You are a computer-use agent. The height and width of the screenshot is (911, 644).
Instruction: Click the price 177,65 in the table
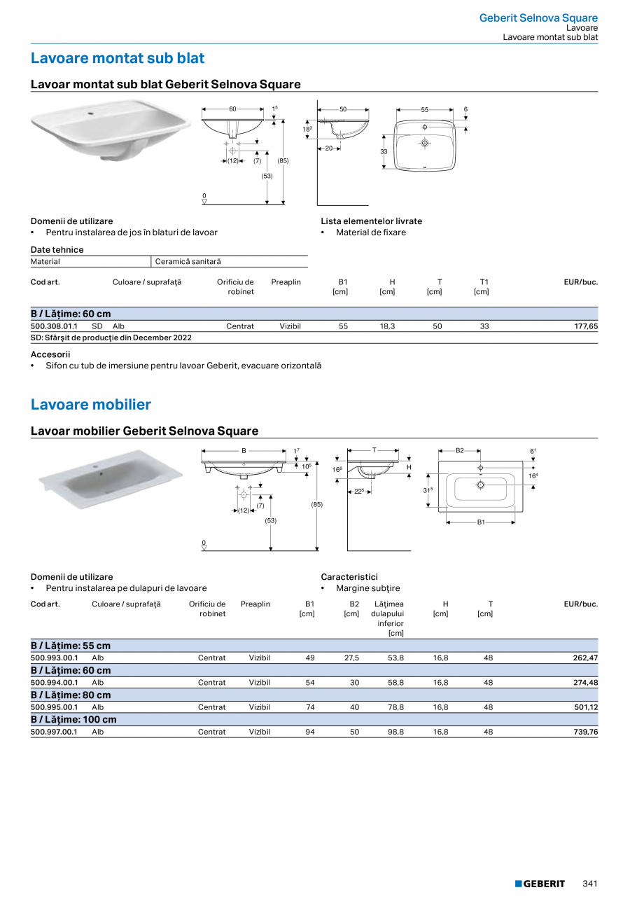click(x=586, y=326)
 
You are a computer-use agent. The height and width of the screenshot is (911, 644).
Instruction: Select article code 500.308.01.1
click(x=55, y=326)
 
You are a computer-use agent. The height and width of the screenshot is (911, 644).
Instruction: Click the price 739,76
click(x=586, y=732)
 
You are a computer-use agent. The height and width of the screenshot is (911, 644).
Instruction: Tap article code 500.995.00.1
click(x=55, y=707)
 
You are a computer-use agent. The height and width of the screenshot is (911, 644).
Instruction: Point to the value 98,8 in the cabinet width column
click(x=395, y=732)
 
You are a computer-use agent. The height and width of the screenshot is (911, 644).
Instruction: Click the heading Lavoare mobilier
click(x=91, y=405)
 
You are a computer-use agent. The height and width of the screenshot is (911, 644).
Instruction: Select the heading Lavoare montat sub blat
click(x=118, y=58)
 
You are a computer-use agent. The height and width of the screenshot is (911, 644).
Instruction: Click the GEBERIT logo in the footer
click(x=540, y=884)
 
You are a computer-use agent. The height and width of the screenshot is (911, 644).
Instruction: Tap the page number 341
click(x=589, y=884)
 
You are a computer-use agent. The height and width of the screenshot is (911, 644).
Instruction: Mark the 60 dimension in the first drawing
click(x=232, y=109)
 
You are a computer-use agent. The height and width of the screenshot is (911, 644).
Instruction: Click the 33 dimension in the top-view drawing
click(x=384, y=151)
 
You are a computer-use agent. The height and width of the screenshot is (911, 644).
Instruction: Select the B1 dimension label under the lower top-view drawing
click(x=481, y=522)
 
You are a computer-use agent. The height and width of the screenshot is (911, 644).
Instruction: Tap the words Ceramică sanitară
click(x=188, y=262)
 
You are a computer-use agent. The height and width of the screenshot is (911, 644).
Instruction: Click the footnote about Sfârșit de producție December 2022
click(x=111, y=338)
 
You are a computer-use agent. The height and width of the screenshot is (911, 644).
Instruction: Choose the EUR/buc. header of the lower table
click(x=580, y=604)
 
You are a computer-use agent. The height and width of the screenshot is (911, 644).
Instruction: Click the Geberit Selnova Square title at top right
click(x=538, y=18)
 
